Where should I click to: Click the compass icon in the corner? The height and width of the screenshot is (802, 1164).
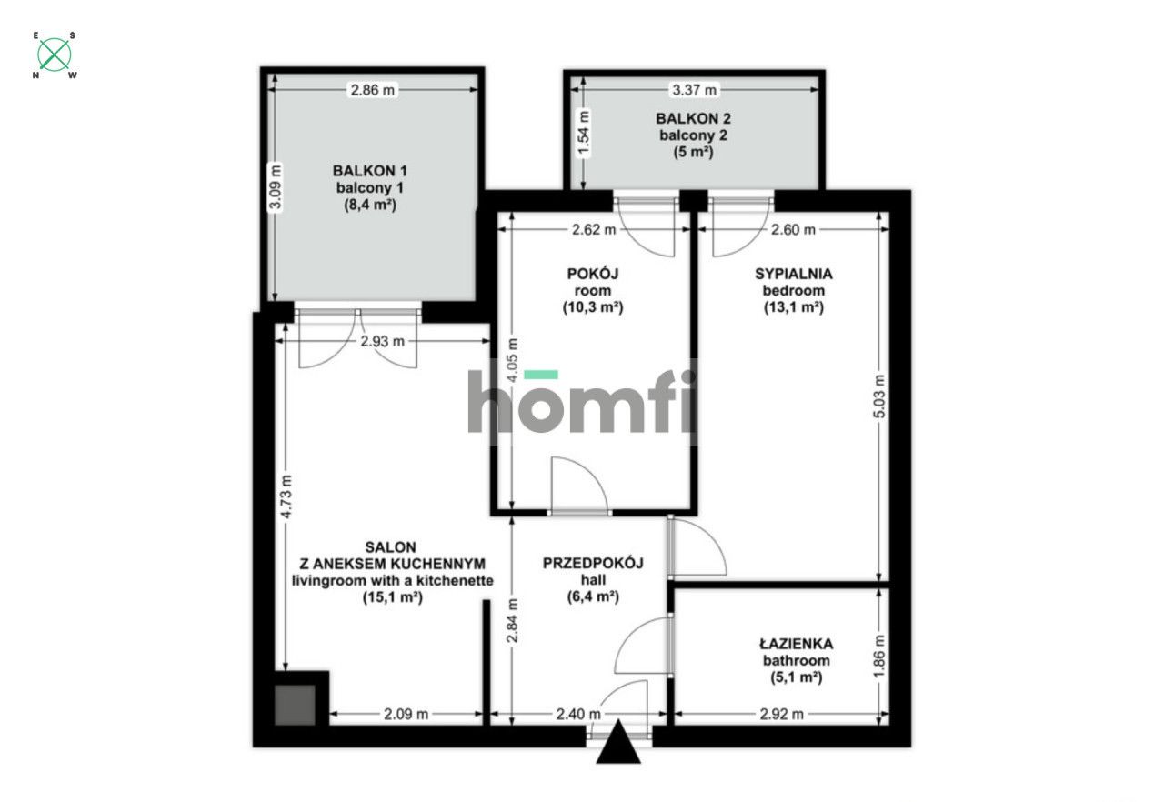(55, 55)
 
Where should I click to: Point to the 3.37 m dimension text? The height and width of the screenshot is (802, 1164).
(694, 89)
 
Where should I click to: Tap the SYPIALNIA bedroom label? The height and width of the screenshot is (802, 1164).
(794, 273)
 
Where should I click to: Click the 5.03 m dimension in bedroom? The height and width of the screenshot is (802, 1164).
(878, 396)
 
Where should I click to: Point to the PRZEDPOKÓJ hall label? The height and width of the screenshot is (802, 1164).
(593, 563)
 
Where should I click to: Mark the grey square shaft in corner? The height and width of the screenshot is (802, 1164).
(295, 704)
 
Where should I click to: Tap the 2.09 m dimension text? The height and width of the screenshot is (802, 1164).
(406, 714)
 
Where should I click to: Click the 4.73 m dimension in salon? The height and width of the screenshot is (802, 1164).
(286, 498)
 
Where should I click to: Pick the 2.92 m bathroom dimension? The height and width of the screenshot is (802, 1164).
(781, 714)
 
